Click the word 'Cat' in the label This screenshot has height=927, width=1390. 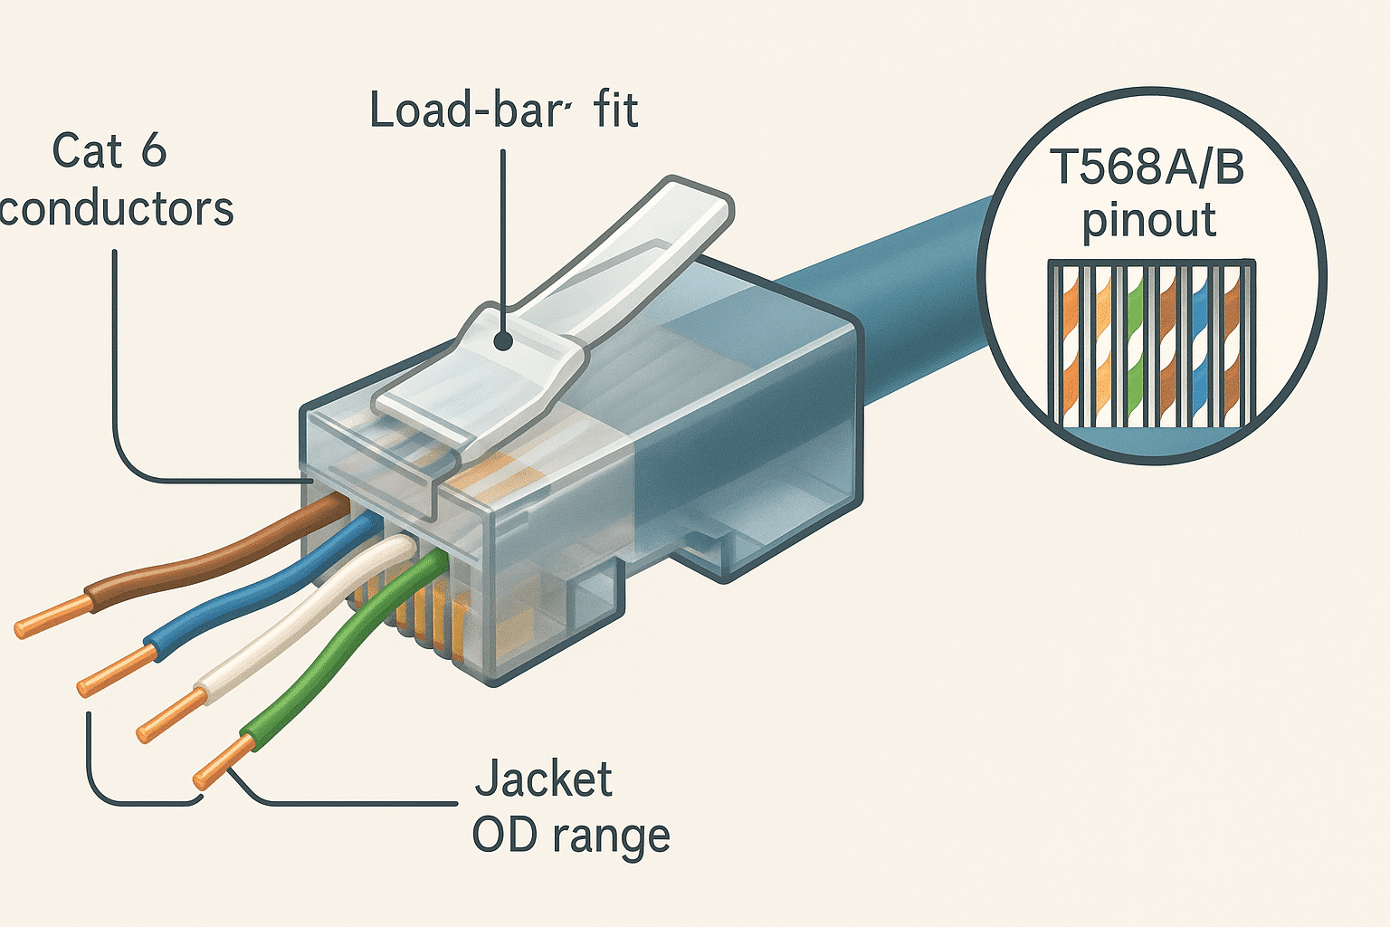click(86, 151)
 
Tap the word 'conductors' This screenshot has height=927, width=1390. click(117, 209)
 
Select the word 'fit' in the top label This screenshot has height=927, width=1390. click(616, 110)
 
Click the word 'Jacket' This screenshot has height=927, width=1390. click(544, 779)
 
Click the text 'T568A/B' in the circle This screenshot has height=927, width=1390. click(1147, 168)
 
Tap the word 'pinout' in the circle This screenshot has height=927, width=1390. click(1149, 221)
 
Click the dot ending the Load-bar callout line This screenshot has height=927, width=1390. click(503, 340)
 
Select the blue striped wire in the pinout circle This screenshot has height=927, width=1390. click(1201, 344)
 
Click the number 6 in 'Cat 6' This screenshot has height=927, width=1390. click(154, 151)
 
